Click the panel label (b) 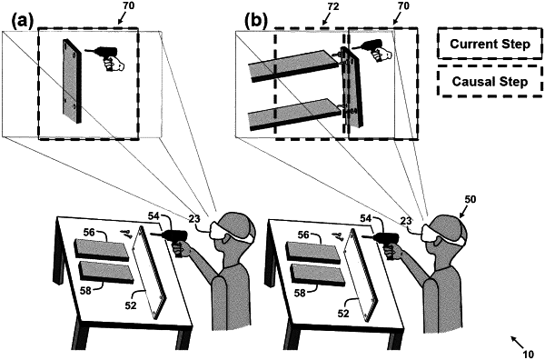point(256,22)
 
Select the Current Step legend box point(490,44)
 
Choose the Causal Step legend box point(490,82)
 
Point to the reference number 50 point(470,199)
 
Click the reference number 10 point(528,354)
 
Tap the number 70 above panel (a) point(129,6)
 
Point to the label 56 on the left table point(90,233)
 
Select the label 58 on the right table point(300,294)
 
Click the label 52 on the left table point(132,305)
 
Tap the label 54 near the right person point(365,218)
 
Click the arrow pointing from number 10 point(516,342)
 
